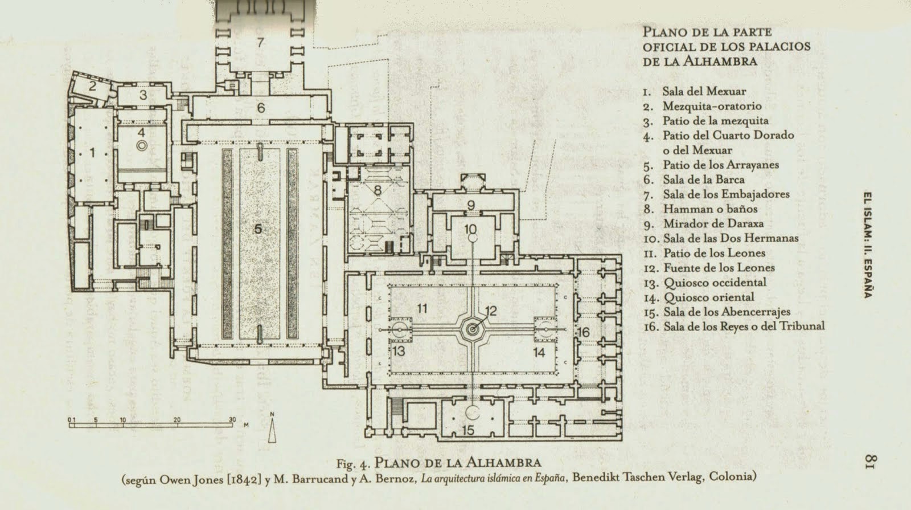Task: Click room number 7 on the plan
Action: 260,42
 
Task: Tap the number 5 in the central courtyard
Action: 258,229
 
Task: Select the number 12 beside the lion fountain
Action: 491,311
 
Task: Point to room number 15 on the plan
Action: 468,431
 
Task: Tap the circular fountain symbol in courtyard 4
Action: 142,146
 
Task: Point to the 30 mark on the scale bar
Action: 232,419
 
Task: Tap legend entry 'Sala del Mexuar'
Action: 704,91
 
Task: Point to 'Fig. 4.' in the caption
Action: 355,462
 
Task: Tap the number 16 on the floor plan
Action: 582,332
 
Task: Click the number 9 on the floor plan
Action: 470,205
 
